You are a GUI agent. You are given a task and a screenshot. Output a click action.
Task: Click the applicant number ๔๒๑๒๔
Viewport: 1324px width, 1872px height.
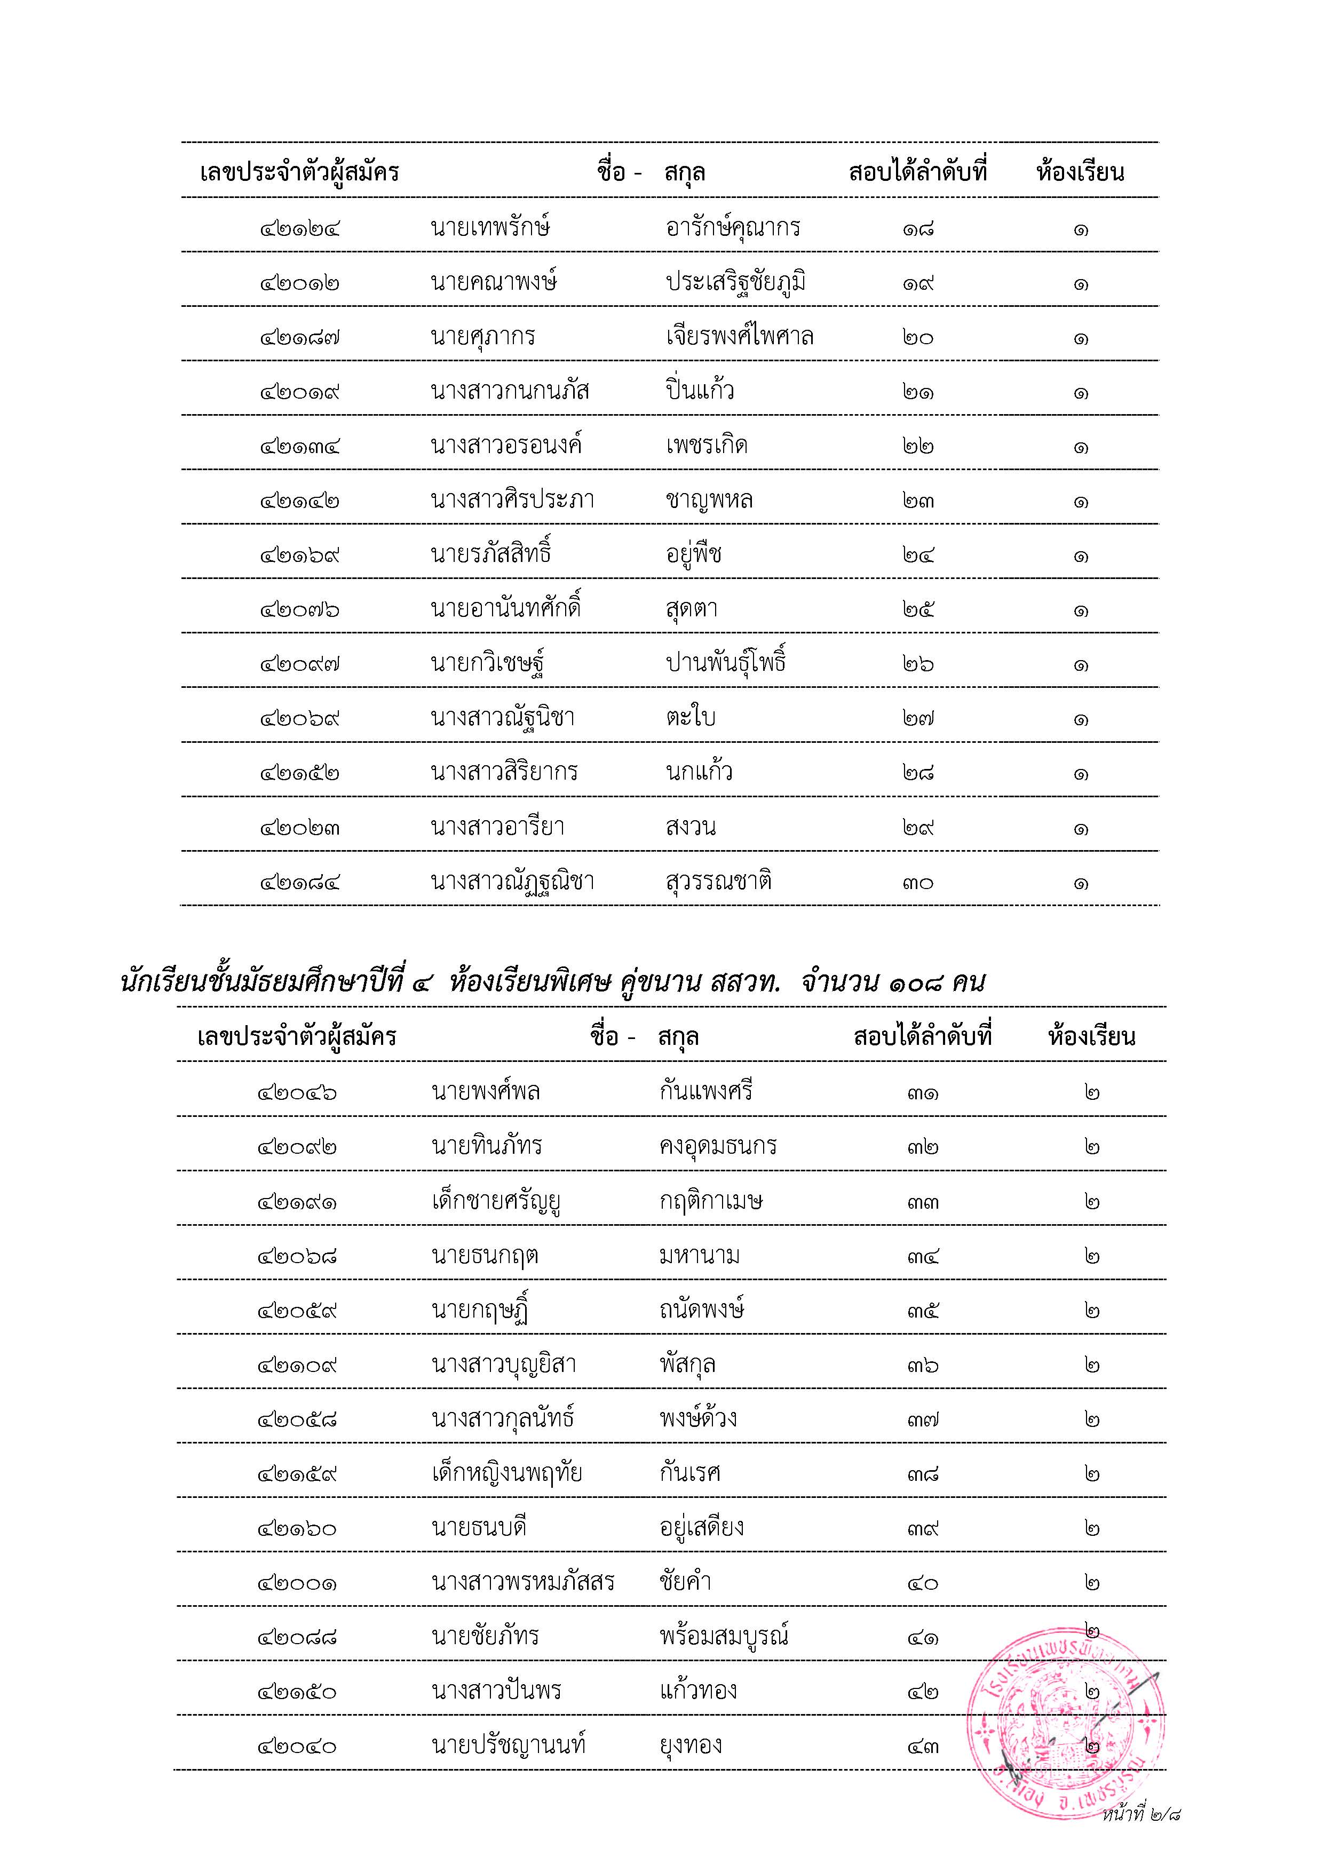tap(299, 229)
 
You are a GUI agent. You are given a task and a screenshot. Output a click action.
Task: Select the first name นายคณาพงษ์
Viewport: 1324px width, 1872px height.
tap(494, 282)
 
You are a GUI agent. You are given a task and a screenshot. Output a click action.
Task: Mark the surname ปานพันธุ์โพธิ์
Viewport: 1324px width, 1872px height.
tap(726, 662)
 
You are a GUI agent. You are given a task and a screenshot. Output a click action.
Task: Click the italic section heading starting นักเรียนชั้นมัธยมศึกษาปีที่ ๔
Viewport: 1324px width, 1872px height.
tap(553, 982)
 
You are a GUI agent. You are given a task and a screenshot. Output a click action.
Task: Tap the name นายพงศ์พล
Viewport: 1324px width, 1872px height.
tap(486, 1091)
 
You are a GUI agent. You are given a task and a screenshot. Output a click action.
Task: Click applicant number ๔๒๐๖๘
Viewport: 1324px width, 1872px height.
tap(297, 1256)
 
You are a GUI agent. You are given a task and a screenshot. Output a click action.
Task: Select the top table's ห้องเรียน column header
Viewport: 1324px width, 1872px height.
tap(1080, 172)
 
